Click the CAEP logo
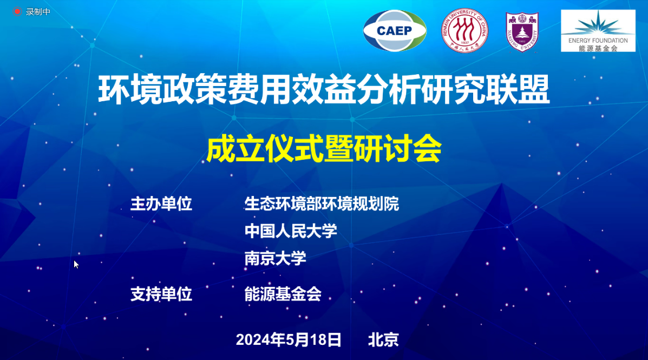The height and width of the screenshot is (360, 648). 395,30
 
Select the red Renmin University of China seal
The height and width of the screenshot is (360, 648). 464,30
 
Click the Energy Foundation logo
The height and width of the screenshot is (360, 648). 598,30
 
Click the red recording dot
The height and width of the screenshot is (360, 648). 17,11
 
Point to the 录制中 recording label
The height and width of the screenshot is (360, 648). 38,12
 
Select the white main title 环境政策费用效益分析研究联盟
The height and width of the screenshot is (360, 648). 324,89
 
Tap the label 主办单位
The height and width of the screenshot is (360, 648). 161,204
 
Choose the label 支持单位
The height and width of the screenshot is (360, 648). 161,294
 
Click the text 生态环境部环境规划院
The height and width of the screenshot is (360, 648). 322,204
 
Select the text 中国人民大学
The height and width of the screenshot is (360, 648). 291,231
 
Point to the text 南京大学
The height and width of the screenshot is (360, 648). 275,258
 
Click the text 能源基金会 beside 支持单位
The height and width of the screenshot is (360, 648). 283,294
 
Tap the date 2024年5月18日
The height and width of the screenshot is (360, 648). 289,340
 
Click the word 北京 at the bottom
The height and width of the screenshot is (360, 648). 383,340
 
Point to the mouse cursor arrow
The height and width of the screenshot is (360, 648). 76,265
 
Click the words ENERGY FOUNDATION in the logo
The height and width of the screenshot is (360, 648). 598,41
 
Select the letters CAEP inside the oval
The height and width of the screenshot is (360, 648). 394,30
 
